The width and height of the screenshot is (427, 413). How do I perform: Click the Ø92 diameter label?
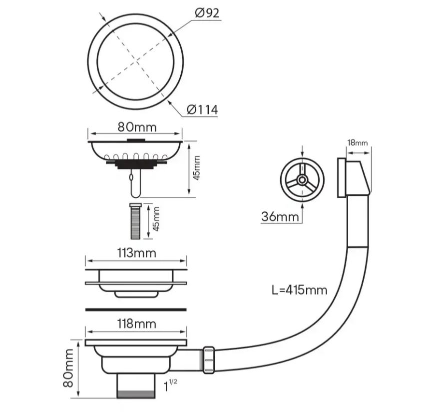click(x=207, y=13)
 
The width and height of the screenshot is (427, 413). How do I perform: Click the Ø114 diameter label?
click(x=202, y=110)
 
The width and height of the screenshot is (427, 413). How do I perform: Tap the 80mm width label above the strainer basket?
click(x=137, y=127)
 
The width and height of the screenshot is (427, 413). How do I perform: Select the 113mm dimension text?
click(x=137, y=253)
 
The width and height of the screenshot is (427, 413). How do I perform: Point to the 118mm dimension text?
click(x=137, y=324)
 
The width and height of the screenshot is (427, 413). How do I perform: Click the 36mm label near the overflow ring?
click(x=280, y=217)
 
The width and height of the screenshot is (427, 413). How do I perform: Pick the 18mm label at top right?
click(x=357, y=143)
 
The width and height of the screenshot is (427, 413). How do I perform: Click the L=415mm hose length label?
click(x=299, y=290)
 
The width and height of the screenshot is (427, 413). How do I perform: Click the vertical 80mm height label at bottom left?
click(x=68, y=368)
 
